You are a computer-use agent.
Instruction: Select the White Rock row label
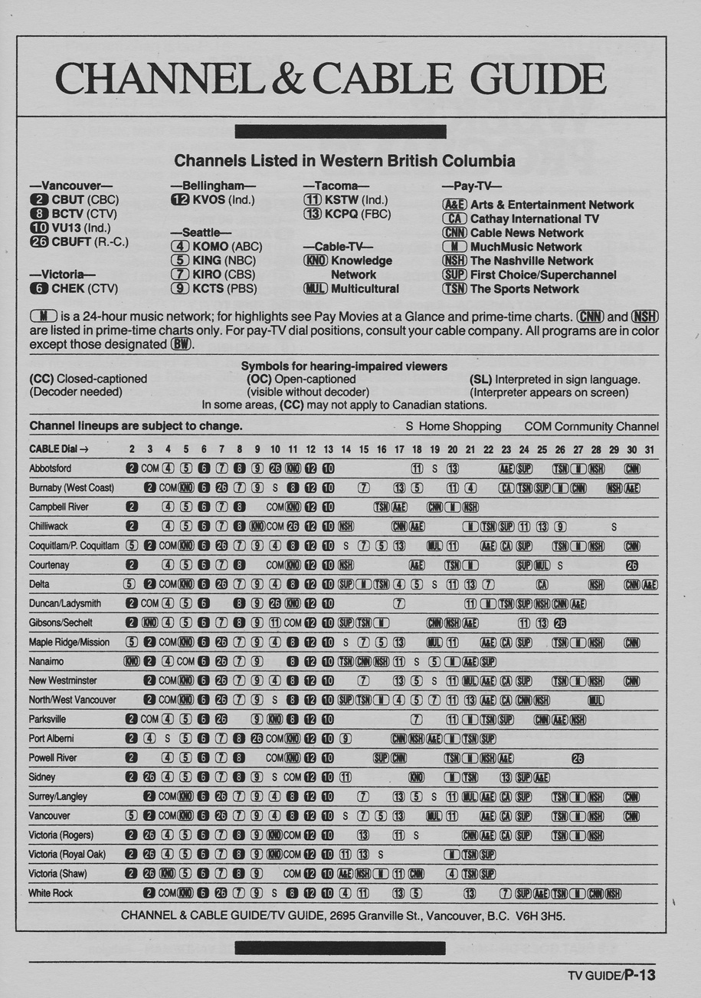coord(51,893)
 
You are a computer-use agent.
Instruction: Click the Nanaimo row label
coord(46,661)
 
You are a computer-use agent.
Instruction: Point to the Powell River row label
coord(54,757)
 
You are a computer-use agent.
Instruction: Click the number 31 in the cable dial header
coord(650,448)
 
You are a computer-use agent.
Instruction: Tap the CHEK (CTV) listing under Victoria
coord(74,289)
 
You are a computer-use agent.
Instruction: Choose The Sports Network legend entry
coord(524,289)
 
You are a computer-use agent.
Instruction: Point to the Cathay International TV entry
coord(534,219)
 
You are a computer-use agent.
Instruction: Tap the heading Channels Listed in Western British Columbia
coord(344,162)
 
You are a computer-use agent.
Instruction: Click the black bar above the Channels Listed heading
coord(340,132)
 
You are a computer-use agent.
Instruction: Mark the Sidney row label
coord(42,776)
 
